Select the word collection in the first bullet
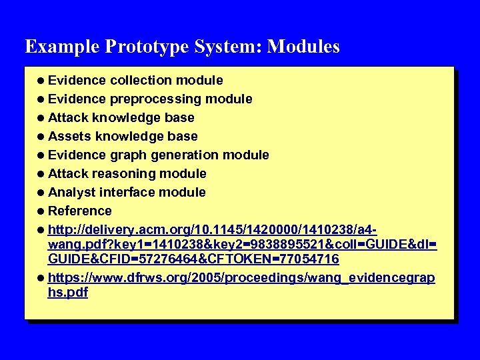(x=141, y=81)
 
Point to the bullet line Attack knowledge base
(x=121, y=118)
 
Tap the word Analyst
(x=72, y=193)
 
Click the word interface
(x=126, y=193)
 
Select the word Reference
(x=79, y=211)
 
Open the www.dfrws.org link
(x=200, y=277)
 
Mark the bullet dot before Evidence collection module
(x=41, y=81)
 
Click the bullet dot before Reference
(x=41, y=211)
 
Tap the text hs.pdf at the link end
(x=68, y=292)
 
